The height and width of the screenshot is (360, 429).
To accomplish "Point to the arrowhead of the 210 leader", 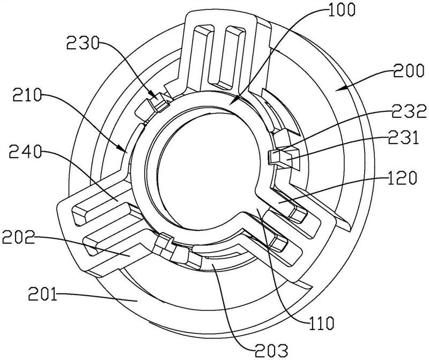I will tap(124, 152).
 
